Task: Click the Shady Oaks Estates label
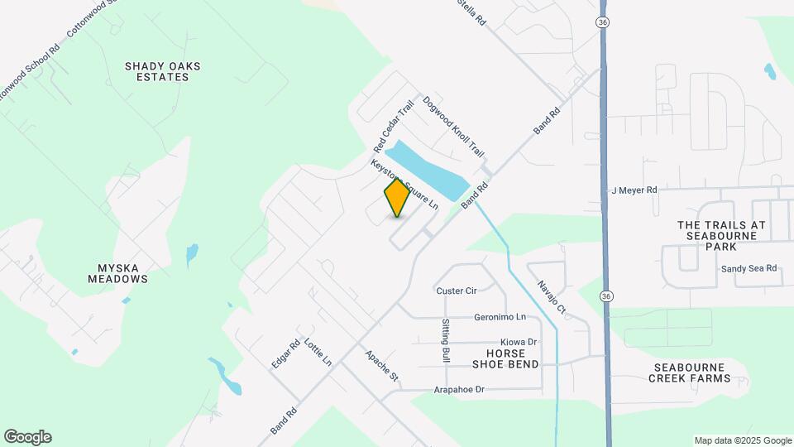point(162,71)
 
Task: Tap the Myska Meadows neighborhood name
point(118,273)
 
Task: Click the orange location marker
point(398,197)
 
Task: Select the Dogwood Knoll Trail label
point(452,127)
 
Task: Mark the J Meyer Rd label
point(634,190)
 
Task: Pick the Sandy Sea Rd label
point(749,268)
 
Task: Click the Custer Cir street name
point(457,291)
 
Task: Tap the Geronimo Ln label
point(500,317)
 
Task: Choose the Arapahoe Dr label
point(458,389)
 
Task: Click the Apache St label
point(382,365)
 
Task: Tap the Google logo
point(27,437)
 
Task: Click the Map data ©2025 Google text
point(742,440)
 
